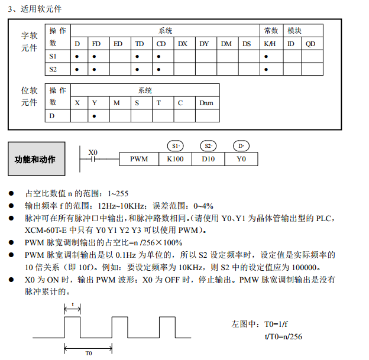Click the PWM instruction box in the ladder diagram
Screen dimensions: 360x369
point(139,159)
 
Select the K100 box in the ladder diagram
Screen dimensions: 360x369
point(175,159)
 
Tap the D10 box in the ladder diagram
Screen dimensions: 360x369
point(208,159)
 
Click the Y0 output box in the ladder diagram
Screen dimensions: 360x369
point(241,159)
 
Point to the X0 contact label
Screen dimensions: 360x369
point(93,152)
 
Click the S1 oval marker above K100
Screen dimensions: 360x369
point(175,145)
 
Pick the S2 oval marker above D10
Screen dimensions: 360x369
point(208,145)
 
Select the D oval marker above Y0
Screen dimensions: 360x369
point(241,145)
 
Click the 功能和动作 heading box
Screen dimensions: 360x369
point(35,160)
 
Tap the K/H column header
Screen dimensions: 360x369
point(270,44)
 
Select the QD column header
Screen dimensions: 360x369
point(311,44)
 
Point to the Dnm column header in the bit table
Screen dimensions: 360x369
point(206,103)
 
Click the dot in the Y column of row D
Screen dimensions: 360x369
point(95,115)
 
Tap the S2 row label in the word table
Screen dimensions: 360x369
point(54,69)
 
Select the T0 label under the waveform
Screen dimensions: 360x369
point(88,353)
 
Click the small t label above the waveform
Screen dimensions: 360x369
point(73,305)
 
